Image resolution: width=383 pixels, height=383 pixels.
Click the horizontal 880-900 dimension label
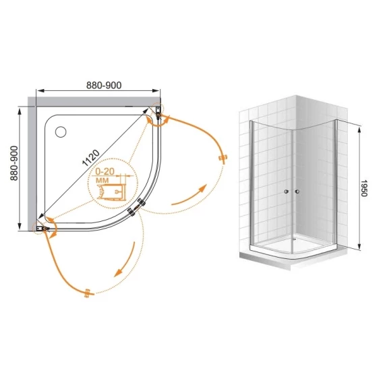pos(104,85)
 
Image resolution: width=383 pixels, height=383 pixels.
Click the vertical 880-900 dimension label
pos(14,163)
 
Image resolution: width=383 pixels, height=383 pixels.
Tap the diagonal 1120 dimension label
pos(91,158)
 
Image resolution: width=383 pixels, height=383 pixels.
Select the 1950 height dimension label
pos(363,188)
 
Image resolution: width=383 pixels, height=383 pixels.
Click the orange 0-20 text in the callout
pos(105,171)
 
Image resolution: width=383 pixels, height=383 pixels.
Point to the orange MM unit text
pos(102,181)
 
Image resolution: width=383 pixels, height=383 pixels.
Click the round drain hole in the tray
pos(61,131)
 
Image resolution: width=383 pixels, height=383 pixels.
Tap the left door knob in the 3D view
pos(287,191)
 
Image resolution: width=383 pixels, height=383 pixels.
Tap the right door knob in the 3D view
pos(297,191)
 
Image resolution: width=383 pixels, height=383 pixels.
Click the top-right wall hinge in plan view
pos(158,112)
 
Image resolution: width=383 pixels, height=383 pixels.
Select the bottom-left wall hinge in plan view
pos(43,229)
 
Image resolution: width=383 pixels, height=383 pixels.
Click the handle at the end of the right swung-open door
pos(223,158)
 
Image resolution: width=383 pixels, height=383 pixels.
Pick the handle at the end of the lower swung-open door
pos(88,293)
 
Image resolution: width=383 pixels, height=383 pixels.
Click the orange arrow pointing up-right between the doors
pos(189,196)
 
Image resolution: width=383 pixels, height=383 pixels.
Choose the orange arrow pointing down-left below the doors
pos(125,260)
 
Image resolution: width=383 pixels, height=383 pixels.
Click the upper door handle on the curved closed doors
pos(142,202)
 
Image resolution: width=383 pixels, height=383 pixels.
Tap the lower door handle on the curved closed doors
pos(131,212)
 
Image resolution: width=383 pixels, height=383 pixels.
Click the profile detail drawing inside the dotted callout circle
pos(111,192)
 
